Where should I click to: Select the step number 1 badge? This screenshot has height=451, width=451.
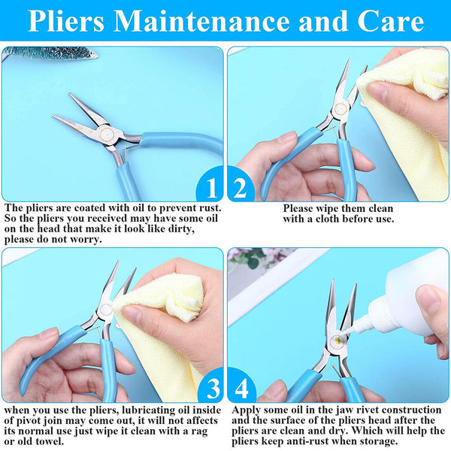pos(210,186)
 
